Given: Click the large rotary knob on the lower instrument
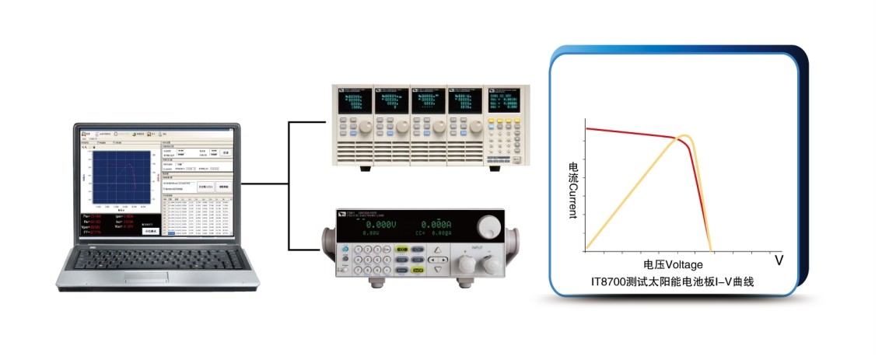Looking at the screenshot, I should (488, 226).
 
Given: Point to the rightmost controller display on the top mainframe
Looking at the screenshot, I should (505, 101).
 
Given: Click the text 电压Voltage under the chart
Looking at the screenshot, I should (673, 264).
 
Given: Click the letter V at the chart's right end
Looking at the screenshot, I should (778, 260).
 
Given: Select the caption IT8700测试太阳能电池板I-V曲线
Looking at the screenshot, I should (673, 282).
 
